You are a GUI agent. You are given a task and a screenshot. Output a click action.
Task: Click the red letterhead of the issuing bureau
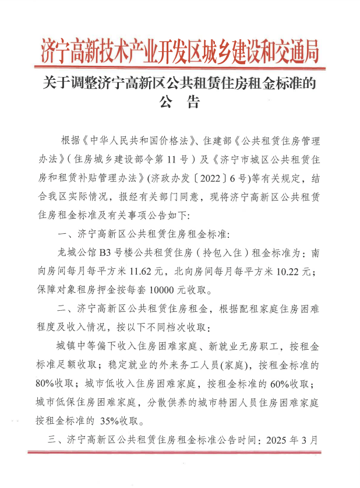(180, 51)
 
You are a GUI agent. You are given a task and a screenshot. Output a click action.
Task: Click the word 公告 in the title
(179, 103)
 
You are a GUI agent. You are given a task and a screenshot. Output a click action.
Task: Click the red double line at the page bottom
(179, 452)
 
